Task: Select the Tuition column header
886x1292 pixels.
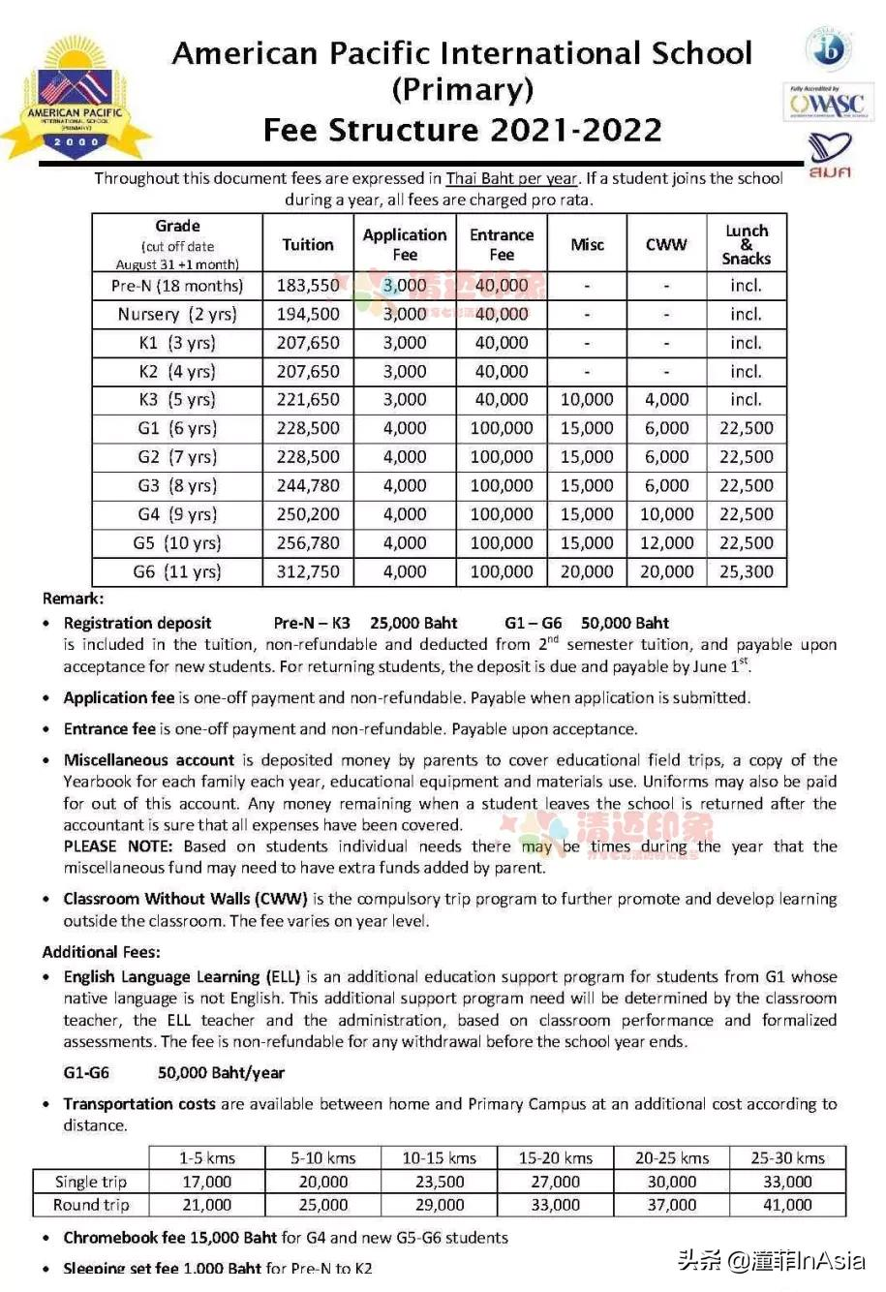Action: pyautogui.click(x=308, y=245)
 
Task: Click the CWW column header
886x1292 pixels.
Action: pyautogui.click(x=666, y=245)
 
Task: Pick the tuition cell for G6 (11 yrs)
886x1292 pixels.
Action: pyautogui.click(x=308, y=571)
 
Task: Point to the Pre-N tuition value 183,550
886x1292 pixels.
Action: pyautogui.click(x=308, y=286)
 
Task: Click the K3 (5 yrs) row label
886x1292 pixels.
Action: pyautogui.click(x=177, y=399)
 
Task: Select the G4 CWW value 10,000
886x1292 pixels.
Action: pyautogui.click(x=666, y=514)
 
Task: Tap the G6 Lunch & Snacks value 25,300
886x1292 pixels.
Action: pyautogui.click(x=746, y=571)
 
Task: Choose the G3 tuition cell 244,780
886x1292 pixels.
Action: pyautogui.click(x=308, y=485)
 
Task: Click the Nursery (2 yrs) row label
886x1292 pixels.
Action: pyautogui.click(x=177, y=314)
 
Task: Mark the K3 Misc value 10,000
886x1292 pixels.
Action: pyautogui.click(x=587, y=399)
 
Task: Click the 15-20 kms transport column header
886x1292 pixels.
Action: pyautogui.click(x=555, y=1157)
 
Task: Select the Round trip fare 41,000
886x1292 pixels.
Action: pyautogui.click(x=787, y=1205)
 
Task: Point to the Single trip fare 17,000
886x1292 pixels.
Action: pyautogui.click(x=206, y=1182)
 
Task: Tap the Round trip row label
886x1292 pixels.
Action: pyautogui.click(x=91, y=1205)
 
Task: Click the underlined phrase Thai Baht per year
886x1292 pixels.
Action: pyautogui.click(x=510, y=178)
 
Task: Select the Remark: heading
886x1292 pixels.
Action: pyautogui.click(x=74, y=599)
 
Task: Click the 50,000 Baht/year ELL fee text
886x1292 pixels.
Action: pyautogui.click(x=221, y=1072)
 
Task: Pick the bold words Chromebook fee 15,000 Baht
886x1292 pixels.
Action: pyautogui.click(x=170, y=1238)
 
